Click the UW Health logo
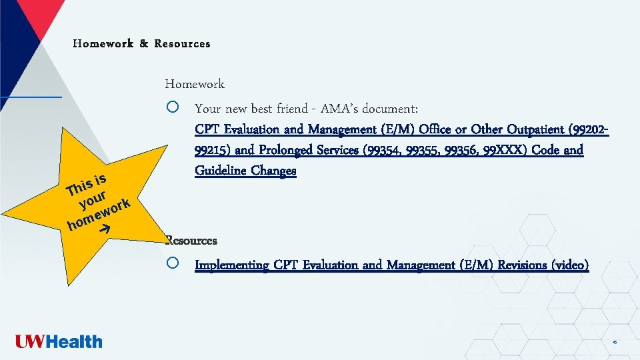click(x=59, y=342)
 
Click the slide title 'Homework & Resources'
click(x=141, y=44)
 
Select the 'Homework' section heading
click(x=195, y=84)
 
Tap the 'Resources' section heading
click(x=191, y=240)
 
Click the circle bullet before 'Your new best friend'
click(x=173, y=107)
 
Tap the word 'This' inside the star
click(x=79, y=187)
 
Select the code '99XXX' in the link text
click(x=510, y=150)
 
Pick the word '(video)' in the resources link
click(x=570, y=265)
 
